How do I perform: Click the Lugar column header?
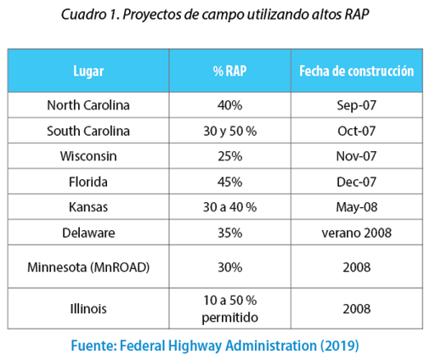click(88, 71)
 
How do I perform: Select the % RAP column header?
click(229, 70)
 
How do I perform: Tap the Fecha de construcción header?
click(357, 70)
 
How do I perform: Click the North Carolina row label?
click(88, 105)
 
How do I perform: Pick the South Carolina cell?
click(88, 131)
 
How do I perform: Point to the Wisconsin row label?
click(88, 156)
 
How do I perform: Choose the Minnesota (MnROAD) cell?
click(88, 267)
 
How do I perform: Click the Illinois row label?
click(88, 308)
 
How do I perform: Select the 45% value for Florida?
click(229, 182)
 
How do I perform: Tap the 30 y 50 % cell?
click(229, 131)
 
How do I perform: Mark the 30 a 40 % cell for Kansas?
click(229, 207)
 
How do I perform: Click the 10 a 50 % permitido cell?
click(229, 309)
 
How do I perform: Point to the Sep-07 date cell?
click(357, 105)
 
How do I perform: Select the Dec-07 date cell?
click(357, 182)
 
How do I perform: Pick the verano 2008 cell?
click(357, 233)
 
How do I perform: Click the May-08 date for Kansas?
click(357, 207)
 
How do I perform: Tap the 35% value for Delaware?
click(229, 233)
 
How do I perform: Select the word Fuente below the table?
click(93, 346)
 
